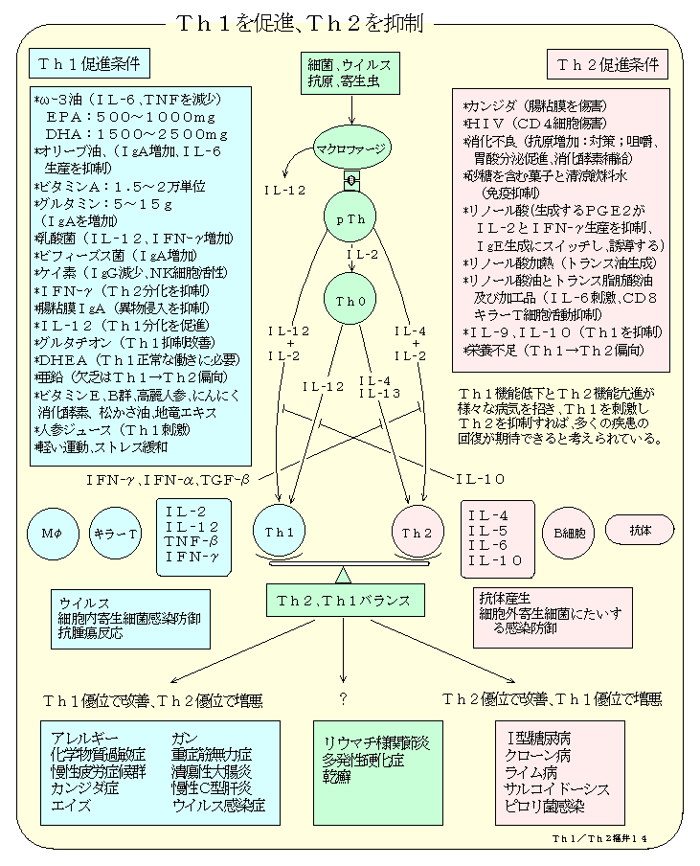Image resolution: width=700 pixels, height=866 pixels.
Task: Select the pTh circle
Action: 350,219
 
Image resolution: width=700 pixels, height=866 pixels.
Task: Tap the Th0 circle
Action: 350,301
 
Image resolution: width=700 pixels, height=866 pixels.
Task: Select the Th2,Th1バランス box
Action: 343,601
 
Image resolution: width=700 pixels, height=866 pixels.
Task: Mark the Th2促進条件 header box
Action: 608,65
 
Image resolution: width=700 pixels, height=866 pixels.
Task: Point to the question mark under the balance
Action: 342,695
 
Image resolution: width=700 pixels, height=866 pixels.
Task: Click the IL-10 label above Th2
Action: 481,478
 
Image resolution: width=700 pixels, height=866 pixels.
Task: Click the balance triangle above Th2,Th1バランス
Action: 343,574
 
